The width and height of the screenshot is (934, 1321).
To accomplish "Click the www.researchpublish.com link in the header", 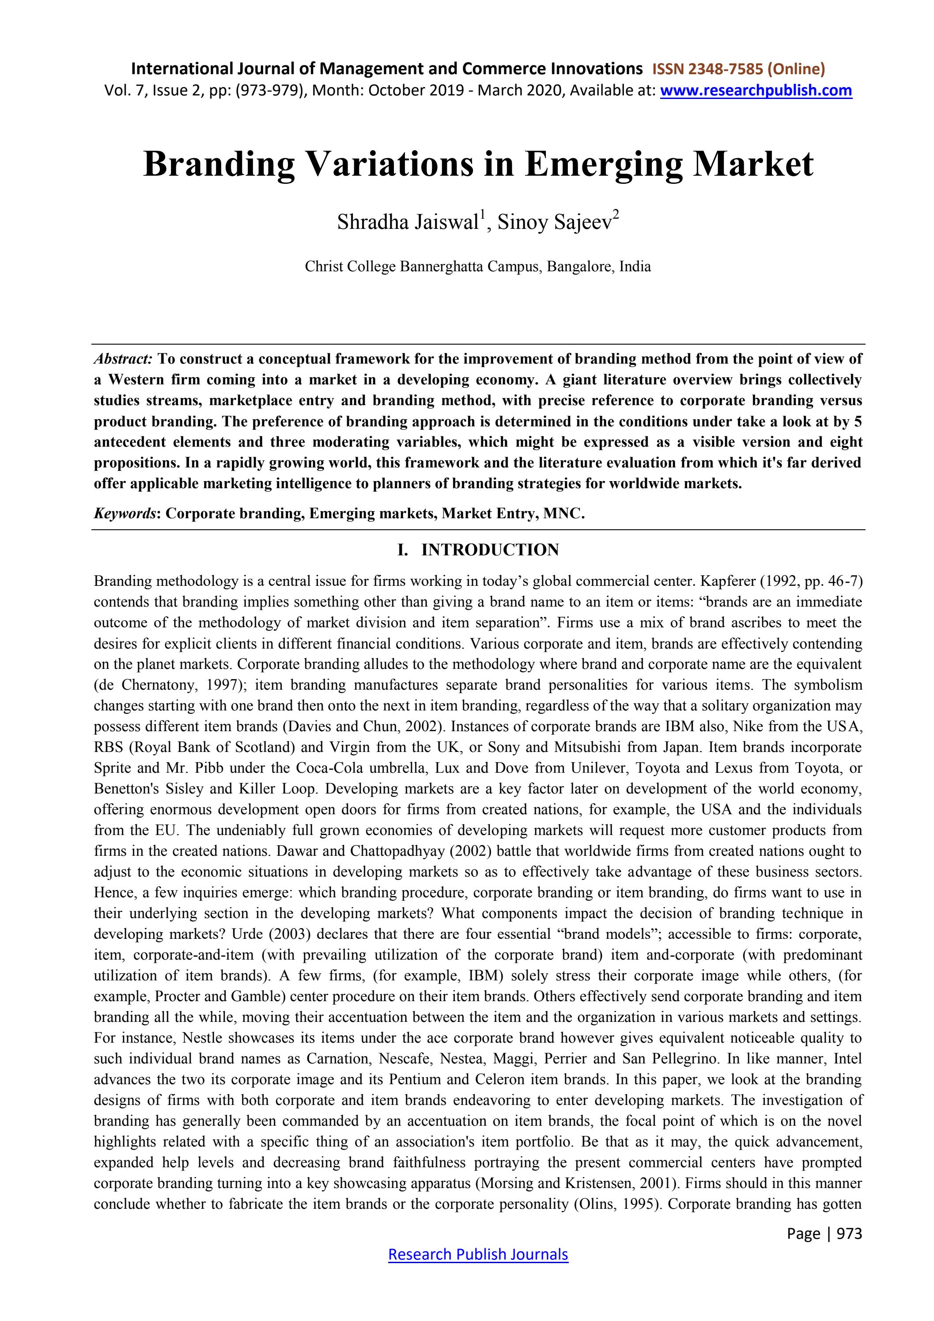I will [756, 90].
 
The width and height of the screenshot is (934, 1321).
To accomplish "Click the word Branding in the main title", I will [219, 164].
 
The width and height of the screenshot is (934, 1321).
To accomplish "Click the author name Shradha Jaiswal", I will [408, 222].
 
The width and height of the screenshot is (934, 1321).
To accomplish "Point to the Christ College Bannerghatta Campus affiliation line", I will [477, 267].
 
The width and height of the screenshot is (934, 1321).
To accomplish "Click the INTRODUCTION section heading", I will [489, 550].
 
